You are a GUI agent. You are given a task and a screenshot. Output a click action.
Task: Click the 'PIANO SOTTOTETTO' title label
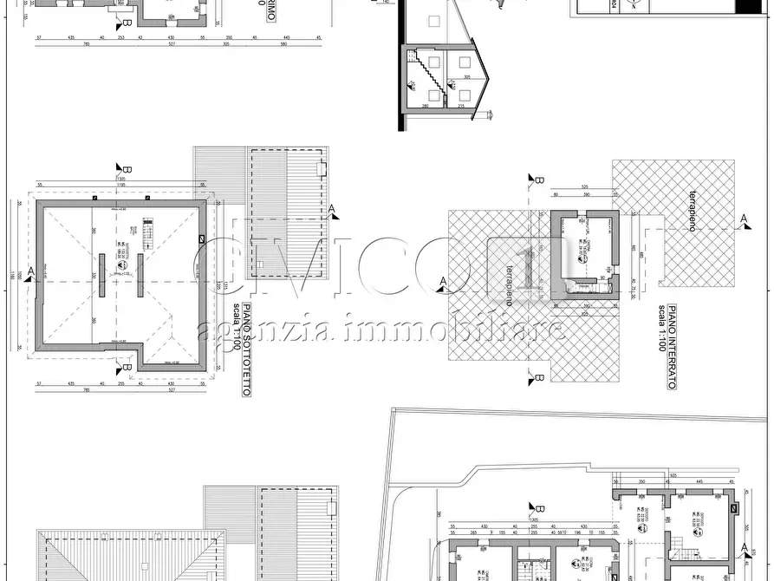tap(246, 350)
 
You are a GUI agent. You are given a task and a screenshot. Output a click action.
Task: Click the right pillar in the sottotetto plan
tap(140, 276)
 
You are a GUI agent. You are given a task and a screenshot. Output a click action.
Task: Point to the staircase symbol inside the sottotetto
tap(146, 232)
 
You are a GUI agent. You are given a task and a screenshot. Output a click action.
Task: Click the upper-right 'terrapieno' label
tap(692, 210)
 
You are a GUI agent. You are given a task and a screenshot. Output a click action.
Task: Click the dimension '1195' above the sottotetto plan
tap(122, 185)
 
